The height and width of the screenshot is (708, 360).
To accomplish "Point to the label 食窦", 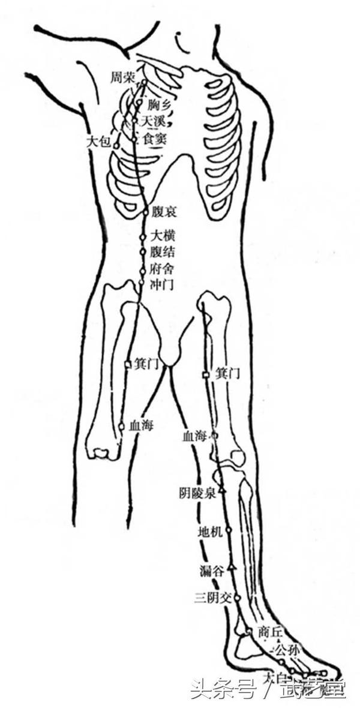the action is click(x=152, y=139).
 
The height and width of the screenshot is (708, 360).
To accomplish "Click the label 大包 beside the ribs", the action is click(x=98, y=142).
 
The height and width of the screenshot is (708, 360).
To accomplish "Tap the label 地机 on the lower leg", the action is click(x=210, y=531).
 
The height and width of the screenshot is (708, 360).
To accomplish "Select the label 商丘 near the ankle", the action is click(x=269, y=631).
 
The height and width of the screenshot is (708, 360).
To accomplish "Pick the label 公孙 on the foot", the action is click(x=285, y=650).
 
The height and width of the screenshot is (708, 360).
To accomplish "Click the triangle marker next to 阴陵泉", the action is click(x=221, y=491).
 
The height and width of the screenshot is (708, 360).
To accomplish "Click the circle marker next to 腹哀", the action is click(x=146, y=212).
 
